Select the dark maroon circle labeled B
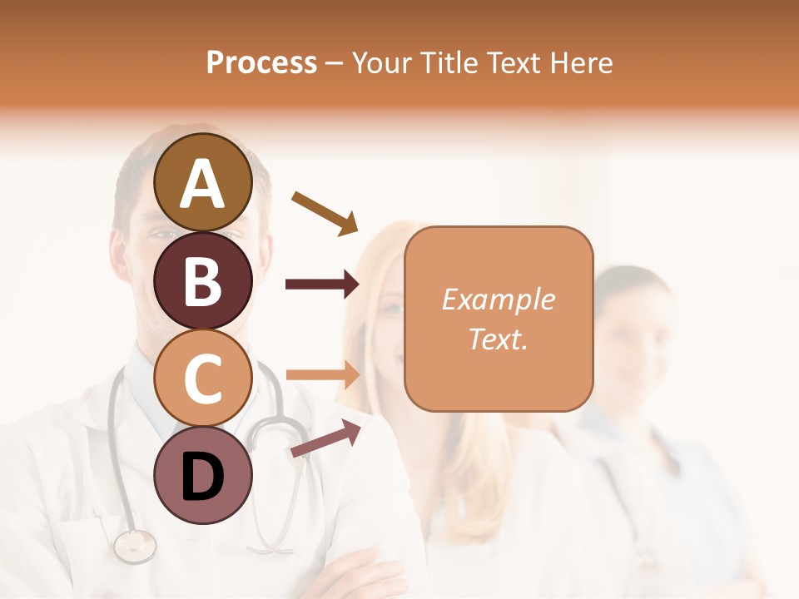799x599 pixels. tap(202, 280)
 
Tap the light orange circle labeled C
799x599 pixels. tap(202, 378)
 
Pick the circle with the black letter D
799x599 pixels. tap(202, 475)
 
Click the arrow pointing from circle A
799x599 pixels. tap(325, 212)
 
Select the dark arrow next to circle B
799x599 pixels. tap(322, 285)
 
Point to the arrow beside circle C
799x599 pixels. tap(322, 374)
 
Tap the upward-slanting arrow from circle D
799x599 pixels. tap(325, 438)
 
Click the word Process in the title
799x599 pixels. tap(261, 62)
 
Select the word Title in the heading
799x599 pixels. tap(447, 62)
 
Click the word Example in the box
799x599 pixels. tap(498, 299)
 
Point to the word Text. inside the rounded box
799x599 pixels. tap(498, 339)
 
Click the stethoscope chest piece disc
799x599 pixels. tap(135, 545)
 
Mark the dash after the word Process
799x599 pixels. tap(335, 64)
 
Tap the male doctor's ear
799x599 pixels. tap(117, 252)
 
